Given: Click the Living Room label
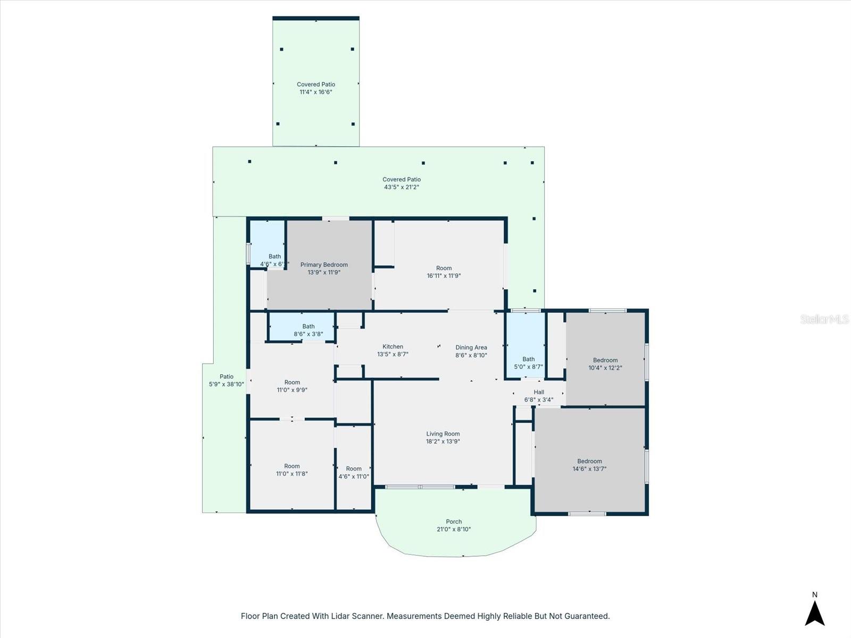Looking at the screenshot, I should coord(443,434).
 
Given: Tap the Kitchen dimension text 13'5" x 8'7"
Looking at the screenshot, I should coord(393,354).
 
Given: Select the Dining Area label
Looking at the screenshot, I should coord(471,348).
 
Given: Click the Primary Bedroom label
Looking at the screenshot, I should coord(324,265).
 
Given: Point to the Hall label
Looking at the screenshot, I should coord(539,392).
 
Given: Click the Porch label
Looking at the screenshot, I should coord(454,522).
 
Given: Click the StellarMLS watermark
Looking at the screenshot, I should coord(824,319).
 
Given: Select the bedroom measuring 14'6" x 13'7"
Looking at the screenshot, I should coord(589,465).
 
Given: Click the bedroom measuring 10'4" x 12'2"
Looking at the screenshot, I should coord(605,364).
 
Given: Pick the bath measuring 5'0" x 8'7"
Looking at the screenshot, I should coord(528,363).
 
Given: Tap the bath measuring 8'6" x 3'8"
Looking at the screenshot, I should coord(308,330).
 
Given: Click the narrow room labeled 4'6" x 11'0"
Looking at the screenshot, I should coord(354,473).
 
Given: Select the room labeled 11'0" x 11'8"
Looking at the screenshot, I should coord(292,470).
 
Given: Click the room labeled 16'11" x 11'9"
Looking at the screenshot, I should coord(444,272).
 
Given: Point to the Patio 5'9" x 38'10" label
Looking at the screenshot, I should coord(227,380).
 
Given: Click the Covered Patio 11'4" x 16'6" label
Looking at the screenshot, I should coord(316,88).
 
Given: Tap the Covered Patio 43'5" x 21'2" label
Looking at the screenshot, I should coord(402,183).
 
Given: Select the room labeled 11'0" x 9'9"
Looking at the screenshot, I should coord(292,386).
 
